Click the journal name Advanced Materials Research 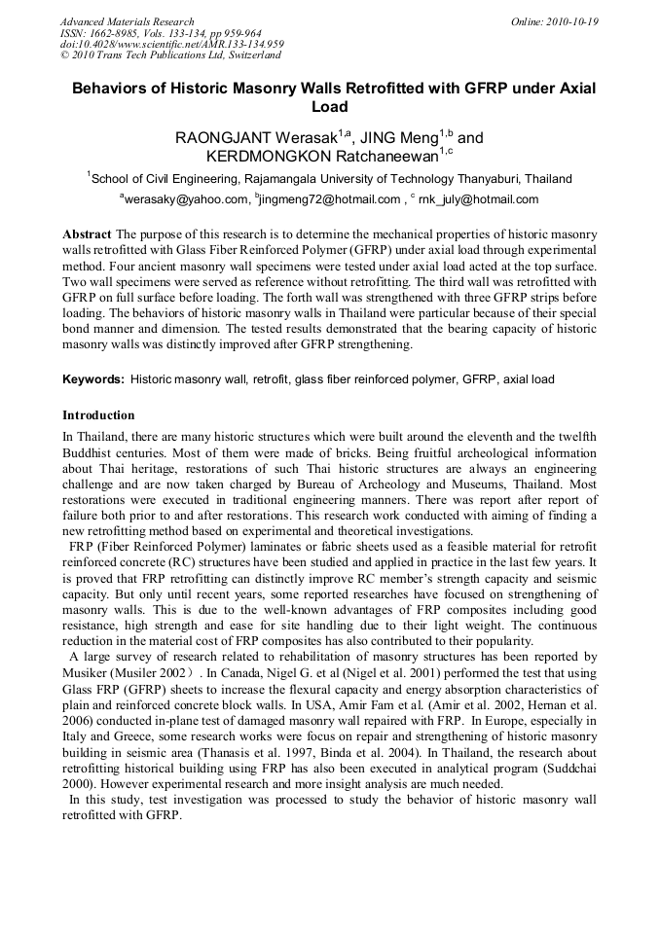(127, 21)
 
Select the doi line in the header (171, 44)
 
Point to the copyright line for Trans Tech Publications (170, 55)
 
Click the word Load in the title (329, 107)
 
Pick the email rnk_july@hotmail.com (478, 199)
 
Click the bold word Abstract (87, 234)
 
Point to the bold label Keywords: (93, 379)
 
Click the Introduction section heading (98, 415)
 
